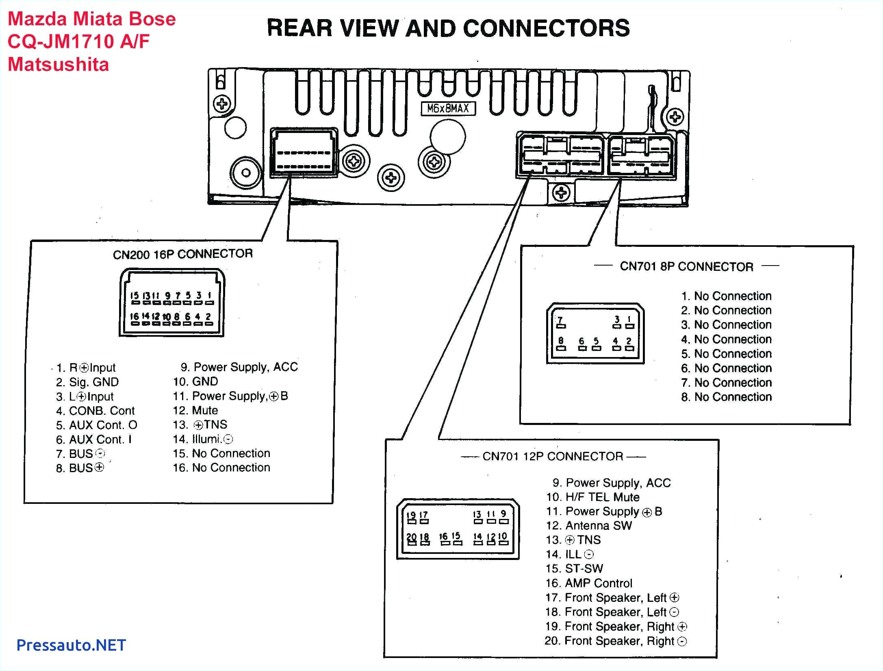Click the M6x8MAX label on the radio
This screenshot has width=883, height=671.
point(448,109)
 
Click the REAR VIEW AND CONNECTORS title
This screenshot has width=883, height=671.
point(448,28)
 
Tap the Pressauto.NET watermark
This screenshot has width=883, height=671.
point(71,645)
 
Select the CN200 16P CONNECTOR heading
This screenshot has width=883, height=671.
point(182,254)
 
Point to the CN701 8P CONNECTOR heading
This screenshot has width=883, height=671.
point(686,267)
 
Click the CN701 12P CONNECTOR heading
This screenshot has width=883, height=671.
point(553,456)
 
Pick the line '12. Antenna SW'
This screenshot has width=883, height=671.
point(589,525)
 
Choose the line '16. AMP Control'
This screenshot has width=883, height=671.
point(589,583)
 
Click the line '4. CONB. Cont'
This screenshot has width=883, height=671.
point(95,411)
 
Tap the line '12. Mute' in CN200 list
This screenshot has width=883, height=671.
point(195,410)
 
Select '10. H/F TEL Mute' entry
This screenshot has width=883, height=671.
point(593,497)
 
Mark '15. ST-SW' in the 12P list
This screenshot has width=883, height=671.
point(574,569)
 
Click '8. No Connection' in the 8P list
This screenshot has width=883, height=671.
point(726,397)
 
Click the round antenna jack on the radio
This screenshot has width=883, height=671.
point(245,172)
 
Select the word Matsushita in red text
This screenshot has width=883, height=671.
point(58,65)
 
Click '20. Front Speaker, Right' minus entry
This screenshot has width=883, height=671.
point(615,641)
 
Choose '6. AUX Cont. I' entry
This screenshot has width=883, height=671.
point(94,440)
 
